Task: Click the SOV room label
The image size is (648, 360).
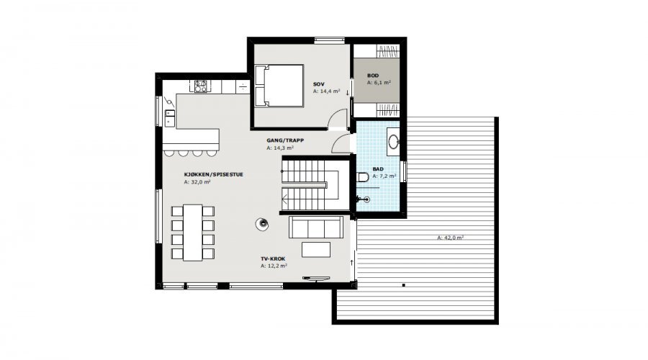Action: coord(319,84)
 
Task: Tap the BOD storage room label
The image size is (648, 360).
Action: coord(373,76)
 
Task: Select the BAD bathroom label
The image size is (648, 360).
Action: coord(378,169)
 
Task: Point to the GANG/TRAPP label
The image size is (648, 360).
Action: coord(285,140)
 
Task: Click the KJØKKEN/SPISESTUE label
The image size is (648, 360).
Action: coord(214,174)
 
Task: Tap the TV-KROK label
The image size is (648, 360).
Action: coord(273,259)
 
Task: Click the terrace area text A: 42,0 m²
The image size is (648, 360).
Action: coord(451,238)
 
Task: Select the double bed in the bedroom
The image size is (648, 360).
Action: coord(279,86)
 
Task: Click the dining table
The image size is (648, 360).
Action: coord(192,233)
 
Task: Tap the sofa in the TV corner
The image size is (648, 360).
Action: coord(316,227)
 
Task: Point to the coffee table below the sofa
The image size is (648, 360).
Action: coord(316,250)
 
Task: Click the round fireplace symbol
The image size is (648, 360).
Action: coord(262,225)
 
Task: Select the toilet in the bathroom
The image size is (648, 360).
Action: coord(363,177)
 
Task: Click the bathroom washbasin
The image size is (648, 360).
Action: coord(393,142)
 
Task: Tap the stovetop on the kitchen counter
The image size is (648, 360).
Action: coord(201,86)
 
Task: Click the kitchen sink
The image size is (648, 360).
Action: coord(170,117)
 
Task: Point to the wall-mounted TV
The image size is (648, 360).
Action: coord(316,278)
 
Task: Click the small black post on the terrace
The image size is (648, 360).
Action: coord(403,285)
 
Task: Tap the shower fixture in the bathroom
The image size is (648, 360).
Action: coord(366,200)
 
